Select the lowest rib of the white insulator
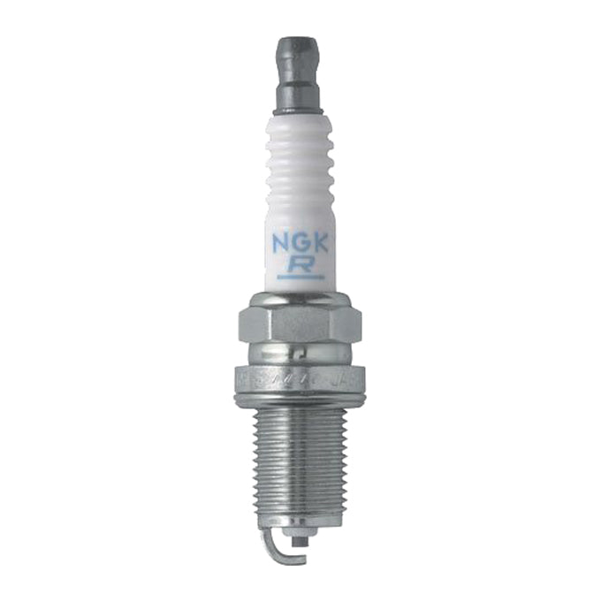tap(300, 199)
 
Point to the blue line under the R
tap(300, 277)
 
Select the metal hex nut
tap(300, 323)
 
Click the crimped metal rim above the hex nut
tap(300, 297)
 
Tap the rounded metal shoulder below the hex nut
tap(300, 352)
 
